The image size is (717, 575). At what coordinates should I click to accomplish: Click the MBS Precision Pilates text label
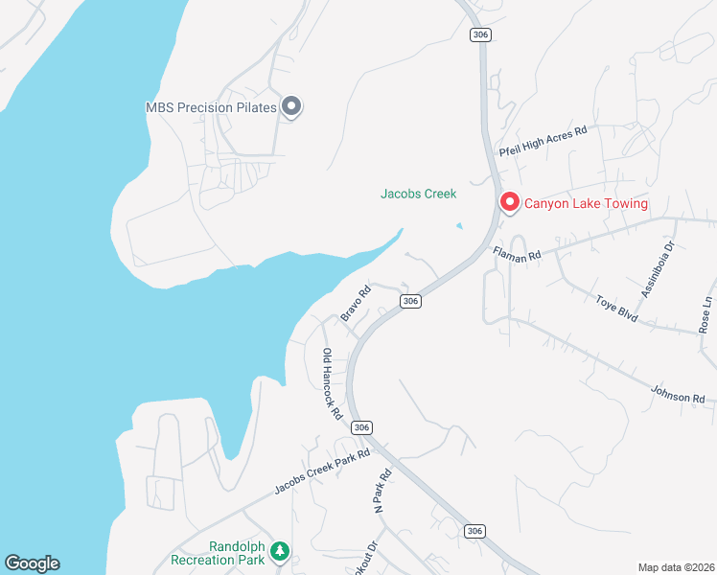[x=211, y=107]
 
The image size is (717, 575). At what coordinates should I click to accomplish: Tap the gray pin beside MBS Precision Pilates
[x=292, y=107]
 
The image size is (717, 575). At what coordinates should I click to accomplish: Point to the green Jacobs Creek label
[x=418, y=194]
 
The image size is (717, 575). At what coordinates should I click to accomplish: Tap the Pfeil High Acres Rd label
[x=543, y=142]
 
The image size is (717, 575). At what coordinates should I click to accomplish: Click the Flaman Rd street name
[x=517, y=254]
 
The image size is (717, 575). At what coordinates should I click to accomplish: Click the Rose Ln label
[x=706, y=313]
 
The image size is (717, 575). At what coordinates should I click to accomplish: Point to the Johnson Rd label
[x=678, y=394]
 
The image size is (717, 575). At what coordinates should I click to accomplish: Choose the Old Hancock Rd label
[x=332, y=384]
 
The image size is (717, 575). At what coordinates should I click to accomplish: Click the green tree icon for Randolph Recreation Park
[x=279, y=551]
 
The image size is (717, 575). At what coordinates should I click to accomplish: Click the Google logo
[x=32, y=563]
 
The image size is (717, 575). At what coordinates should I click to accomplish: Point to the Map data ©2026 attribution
[x=676, y=567]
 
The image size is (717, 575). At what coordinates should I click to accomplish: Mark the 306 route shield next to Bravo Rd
[x=410, y=301]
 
